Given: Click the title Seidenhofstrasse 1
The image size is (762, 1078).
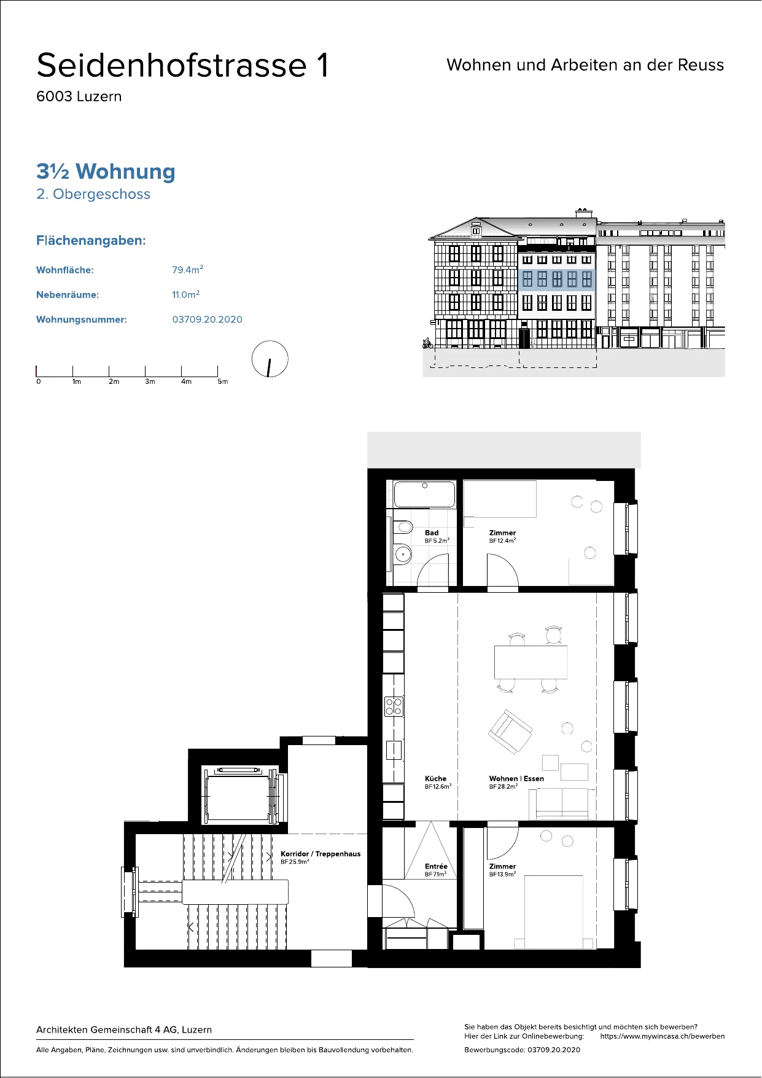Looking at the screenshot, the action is coord(183,65).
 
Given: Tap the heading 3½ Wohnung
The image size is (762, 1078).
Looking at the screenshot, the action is coord(106,171).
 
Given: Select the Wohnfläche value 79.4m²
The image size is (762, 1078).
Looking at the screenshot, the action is coord(187,270).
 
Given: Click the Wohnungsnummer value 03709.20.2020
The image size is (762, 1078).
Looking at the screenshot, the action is coord(207,319).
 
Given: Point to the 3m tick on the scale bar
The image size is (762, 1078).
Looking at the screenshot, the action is coord(146,371).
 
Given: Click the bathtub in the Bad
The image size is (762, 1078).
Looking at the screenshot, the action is coord(424,494).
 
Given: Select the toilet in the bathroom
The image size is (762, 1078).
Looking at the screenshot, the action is coord(402,527).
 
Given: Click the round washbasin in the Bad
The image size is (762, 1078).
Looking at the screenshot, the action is coord(403,555).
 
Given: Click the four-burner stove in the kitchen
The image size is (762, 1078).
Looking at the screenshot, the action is coord(394,706).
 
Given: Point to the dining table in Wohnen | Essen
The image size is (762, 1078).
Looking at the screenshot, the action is coord(531,662).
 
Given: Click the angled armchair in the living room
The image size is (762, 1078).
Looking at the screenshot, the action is coord(510,731).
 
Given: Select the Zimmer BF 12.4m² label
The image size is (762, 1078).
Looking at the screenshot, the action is coord(502,536).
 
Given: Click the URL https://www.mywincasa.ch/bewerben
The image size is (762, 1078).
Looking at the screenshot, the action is coord(663,1036).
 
